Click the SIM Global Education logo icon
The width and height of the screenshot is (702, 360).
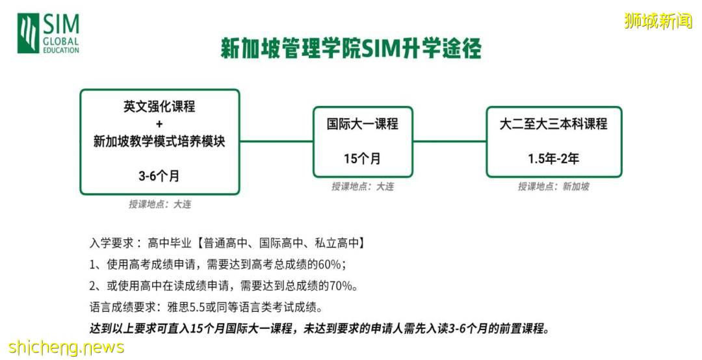[x=28, y=34]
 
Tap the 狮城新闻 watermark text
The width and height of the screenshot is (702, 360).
[x=658, y=21]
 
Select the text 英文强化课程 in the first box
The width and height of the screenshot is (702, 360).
[x=159, y=107]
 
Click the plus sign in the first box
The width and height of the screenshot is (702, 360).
[x=159, y=123]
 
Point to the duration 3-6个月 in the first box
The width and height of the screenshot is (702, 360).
[x=159, y=175]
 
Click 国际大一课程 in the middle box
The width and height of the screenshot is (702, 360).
[x=362, y=123]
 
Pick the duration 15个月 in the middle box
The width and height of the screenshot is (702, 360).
[x=362, y=159]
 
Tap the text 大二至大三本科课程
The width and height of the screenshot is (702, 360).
[x=553, y=123]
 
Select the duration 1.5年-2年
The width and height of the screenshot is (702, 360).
[x=553, y=159]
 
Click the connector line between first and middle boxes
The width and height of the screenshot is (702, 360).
[x=276, y=141]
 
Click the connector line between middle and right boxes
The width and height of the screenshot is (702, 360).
[x=449, y=141]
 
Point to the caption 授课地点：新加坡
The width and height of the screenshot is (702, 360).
[x=553, y=186]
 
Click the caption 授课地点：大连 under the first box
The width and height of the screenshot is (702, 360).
[x=160, y=204]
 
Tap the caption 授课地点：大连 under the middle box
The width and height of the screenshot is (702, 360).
[x=362, y=186]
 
